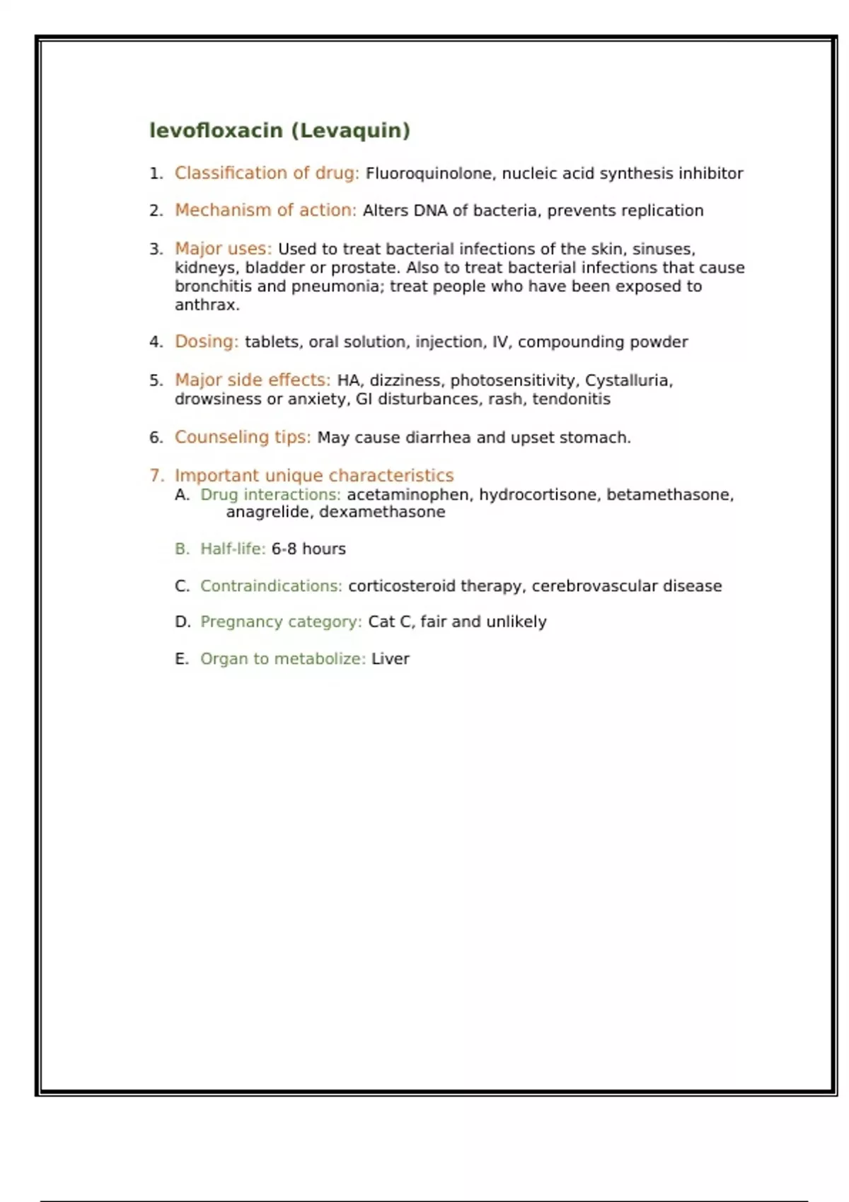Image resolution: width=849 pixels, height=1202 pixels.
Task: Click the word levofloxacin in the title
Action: click(216, 131)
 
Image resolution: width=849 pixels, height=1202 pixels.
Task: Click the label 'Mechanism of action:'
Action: click(265, 211)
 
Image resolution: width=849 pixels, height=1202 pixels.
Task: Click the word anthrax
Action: click(206, 305)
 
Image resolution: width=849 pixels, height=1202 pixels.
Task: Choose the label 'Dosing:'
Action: click(207, 342)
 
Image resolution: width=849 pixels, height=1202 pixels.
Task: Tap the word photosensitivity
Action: click(512, 380)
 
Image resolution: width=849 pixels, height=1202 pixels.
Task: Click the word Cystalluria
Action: click(628, 380)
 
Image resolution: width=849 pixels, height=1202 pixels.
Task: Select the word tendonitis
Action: click(571, 399)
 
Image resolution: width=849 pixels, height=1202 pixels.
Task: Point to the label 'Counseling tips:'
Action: click(243, 438)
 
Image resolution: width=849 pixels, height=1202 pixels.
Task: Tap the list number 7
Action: click(156, 476)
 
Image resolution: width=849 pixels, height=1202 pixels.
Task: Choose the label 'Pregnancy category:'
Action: click(281, 622)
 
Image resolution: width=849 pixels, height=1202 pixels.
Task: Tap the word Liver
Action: click(390, 659)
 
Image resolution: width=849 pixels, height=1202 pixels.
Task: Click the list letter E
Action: click(181, 659)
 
